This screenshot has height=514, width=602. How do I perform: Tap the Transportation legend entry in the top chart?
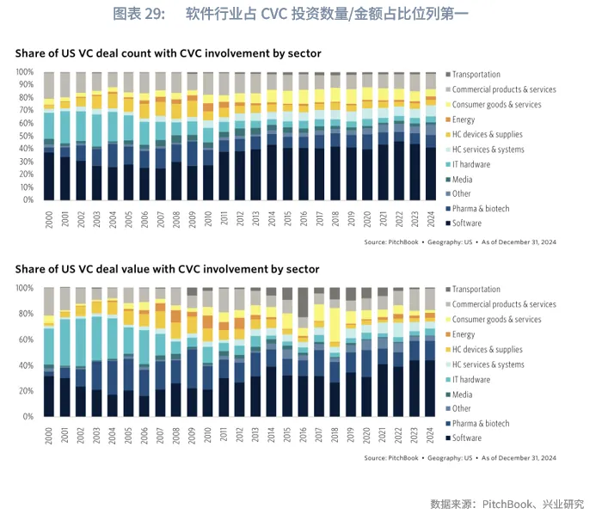(x=476, y=75)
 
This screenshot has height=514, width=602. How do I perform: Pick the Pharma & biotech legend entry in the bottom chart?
(x=480, y=424)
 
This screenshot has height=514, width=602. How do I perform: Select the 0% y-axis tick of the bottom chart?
(x=28, y=417)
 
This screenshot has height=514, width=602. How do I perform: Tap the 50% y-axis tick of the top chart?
(x=26, y=136)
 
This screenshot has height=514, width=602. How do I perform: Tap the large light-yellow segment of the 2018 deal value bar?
(x=335, y=326)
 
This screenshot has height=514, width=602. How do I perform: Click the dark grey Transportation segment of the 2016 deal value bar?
(x=303, y=302)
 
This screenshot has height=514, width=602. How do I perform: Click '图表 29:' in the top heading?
(x=138, y=14)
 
